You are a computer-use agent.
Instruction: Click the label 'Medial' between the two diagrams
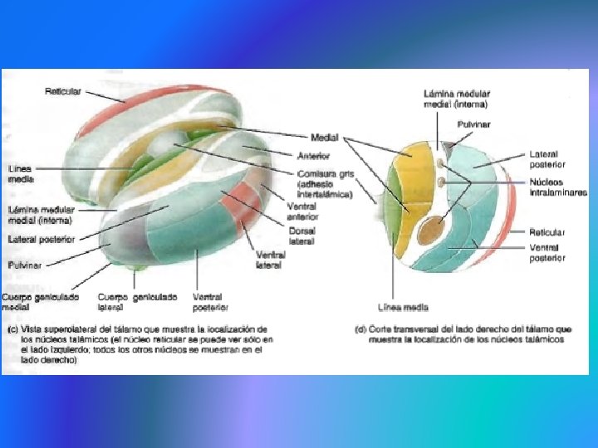tap(325, 138)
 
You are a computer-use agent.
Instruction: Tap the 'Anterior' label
tap(313, 155)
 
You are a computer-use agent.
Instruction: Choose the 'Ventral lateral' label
tap(271, 259)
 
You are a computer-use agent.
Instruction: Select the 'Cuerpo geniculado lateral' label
tap(137, 301)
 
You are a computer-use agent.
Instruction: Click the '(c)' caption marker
tap(12, 329)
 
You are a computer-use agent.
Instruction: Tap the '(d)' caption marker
tap(360, 329)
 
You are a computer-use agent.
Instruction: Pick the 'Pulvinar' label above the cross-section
tap(473, 124)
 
